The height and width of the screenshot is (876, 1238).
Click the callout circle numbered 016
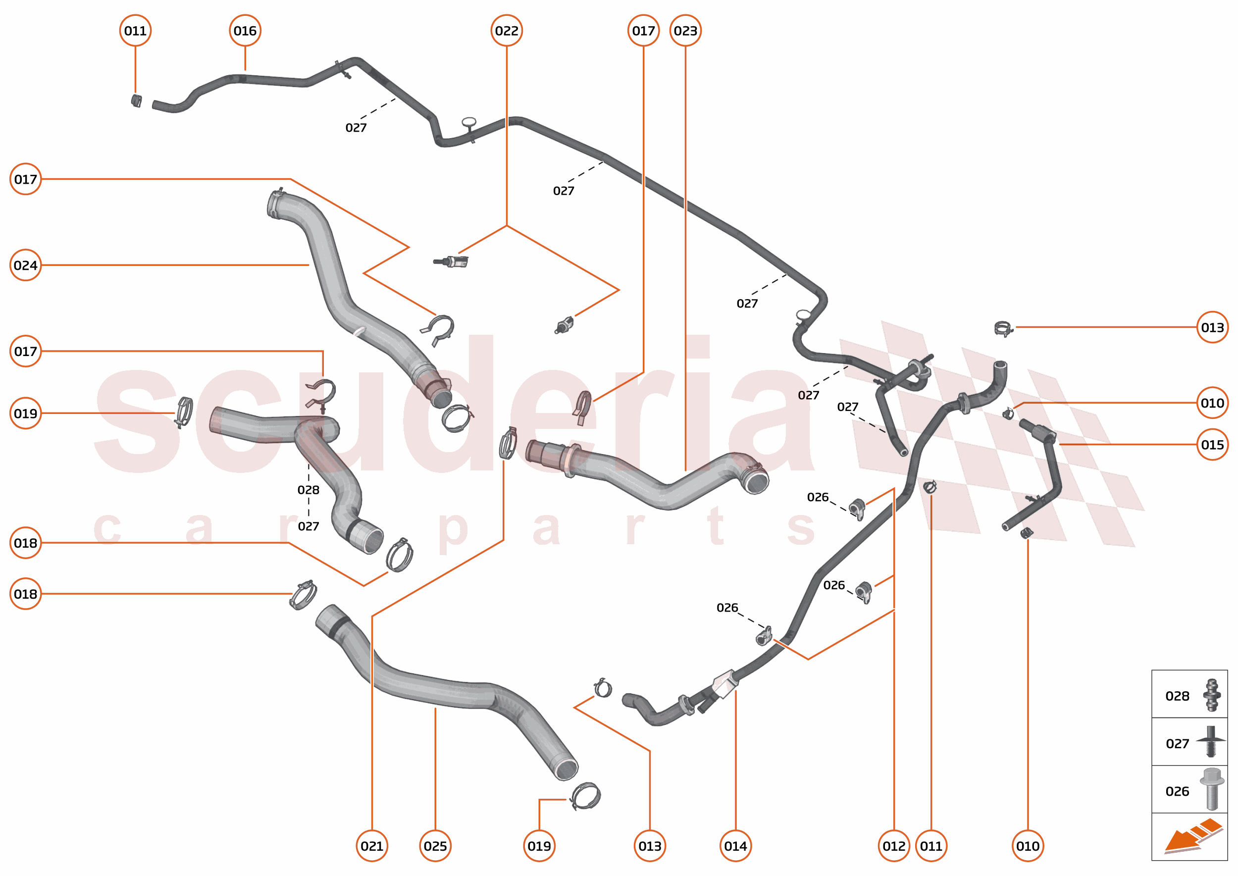(x=245, y=31)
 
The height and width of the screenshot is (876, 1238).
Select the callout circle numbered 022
(x=507, y=31)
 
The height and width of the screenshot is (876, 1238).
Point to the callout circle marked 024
(x=25, y=265)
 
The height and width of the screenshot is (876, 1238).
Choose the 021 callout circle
(x=372, y=846)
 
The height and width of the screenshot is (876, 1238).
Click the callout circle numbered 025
(x=435, y=846)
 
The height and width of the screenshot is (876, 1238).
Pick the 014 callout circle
(x=735, y=846)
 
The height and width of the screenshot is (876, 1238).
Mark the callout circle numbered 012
(x=894, y=846)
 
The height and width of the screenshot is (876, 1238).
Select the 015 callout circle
(x=1212, y=445)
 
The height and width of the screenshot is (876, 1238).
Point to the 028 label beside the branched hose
(x=308, y=490)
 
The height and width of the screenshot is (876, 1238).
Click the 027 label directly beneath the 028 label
(x=308, y=526)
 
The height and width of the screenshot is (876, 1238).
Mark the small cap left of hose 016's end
(x=137, y=101)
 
